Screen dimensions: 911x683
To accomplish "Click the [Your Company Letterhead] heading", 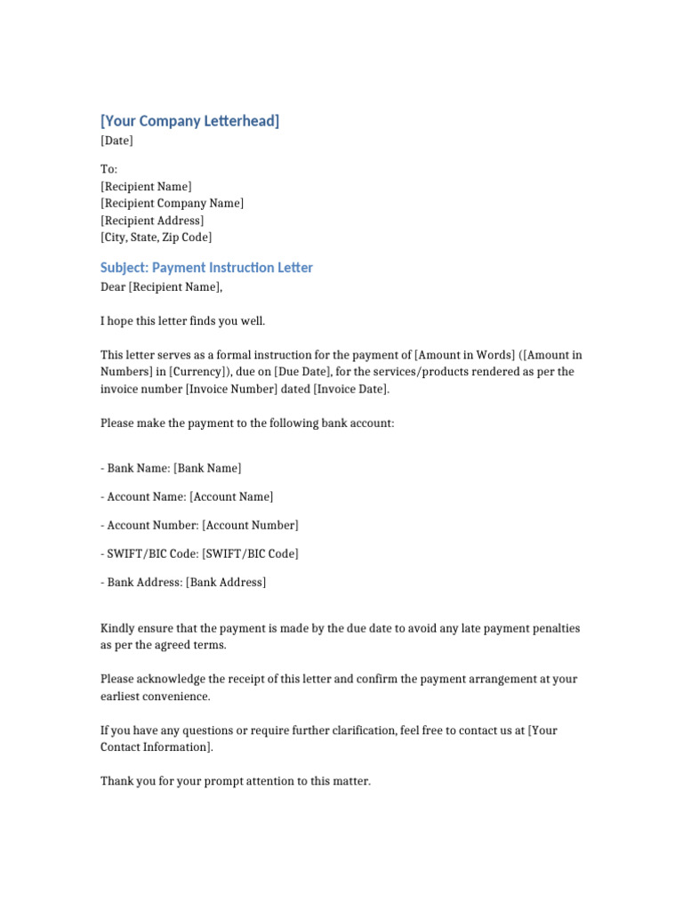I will pos(189,121).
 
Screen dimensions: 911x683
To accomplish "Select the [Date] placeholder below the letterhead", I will pos(117,141).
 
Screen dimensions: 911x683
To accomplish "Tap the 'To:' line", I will pos(108,169).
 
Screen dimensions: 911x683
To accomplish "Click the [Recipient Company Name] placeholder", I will pos(172,203).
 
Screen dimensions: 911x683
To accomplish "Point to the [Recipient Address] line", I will pos(152,221).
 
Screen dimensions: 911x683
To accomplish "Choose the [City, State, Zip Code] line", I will pos(157,238).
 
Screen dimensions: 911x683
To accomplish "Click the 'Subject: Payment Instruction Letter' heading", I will pos(206,268).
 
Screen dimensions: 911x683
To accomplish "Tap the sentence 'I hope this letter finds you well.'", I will pos(182,320).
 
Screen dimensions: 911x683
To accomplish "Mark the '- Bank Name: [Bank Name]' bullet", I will pos(171,468).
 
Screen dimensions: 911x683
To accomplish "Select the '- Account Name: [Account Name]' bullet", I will pos(187,496).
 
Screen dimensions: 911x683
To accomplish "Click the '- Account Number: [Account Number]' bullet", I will pos(199,525).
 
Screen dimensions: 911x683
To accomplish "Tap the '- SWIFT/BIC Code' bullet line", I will pos(199,553).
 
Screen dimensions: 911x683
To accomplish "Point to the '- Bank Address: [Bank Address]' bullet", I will pos(183,582).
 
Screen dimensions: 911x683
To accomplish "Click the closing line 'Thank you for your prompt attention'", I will pos(235,781).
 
